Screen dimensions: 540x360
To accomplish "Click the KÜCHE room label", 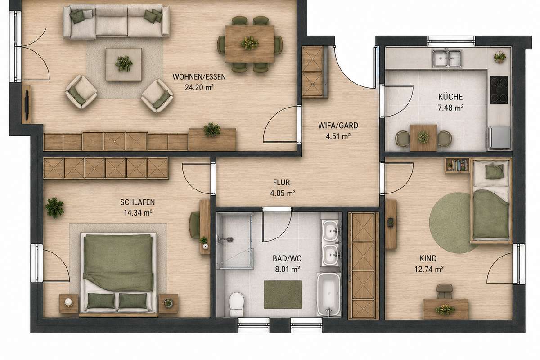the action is point(450,97).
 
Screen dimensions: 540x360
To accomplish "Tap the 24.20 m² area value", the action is point(199,87).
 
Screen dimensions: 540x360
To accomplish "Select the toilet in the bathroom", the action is point(237,304).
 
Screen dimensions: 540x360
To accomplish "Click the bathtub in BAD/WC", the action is point(328,294).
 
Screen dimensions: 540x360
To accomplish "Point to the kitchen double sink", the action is point(447,58).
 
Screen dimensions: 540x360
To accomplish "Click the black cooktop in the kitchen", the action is point(499,90).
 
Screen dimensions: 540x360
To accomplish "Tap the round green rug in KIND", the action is point(450,223).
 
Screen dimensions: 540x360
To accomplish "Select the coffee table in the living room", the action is point(124,64).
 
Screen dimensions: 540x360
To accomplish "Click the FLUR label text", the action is point(282,183).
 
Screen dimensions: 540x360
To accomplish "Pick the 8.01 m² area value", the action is point(288,269).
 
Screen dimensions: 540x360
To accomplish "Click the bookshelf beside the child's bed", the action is point(457,166).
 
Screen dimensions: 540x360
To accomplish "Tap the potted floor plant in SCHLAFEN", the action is point(54,207).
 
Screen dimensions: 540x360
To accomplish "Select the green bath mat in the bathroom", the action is point(283,294).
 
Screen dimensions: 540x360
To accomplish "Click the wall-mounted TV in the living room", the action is point(27,105).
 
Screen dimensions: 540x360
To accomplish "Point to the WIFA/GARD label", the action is point(338,126).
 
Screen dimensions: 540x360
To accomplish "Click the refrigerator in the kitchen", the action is point(499,138).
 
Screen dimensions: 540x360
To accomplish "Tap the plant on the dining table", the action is point(250,43).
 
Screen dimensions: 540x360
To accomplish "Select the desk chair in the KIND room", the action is point(445,291).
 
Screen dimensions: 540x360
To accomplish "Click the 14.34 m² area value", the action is point(138,213).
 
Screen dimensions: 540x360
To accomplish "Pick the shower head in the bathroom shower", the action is point(227,239).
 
